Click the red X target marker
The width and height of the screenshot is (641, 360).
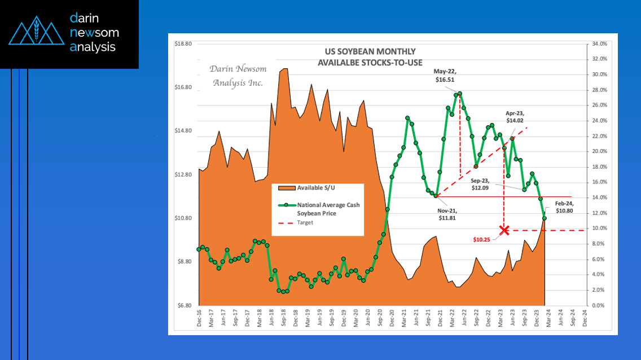(x=504, y=230)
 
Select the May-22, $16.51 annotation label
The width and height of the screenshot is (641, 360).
(x=445, y=76)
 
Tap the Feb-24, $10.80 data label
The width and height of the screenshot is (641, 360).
(x=566, y=207)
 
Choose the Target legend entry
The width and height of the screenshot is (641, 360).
(x=305, y=222)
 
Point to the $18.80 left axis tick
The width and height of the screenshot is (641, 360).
(x=185, y=43)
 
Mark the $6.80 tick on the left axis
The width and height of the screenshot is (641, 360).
(x=185, y=305)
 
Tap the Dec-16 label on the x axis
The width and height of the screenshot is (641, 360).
(x=200, y=319)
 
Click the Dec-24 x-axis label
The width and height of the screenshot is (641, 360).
(x=585, y=319)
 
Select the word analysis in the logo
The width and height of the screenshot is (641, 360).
(x=93, y=47)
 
